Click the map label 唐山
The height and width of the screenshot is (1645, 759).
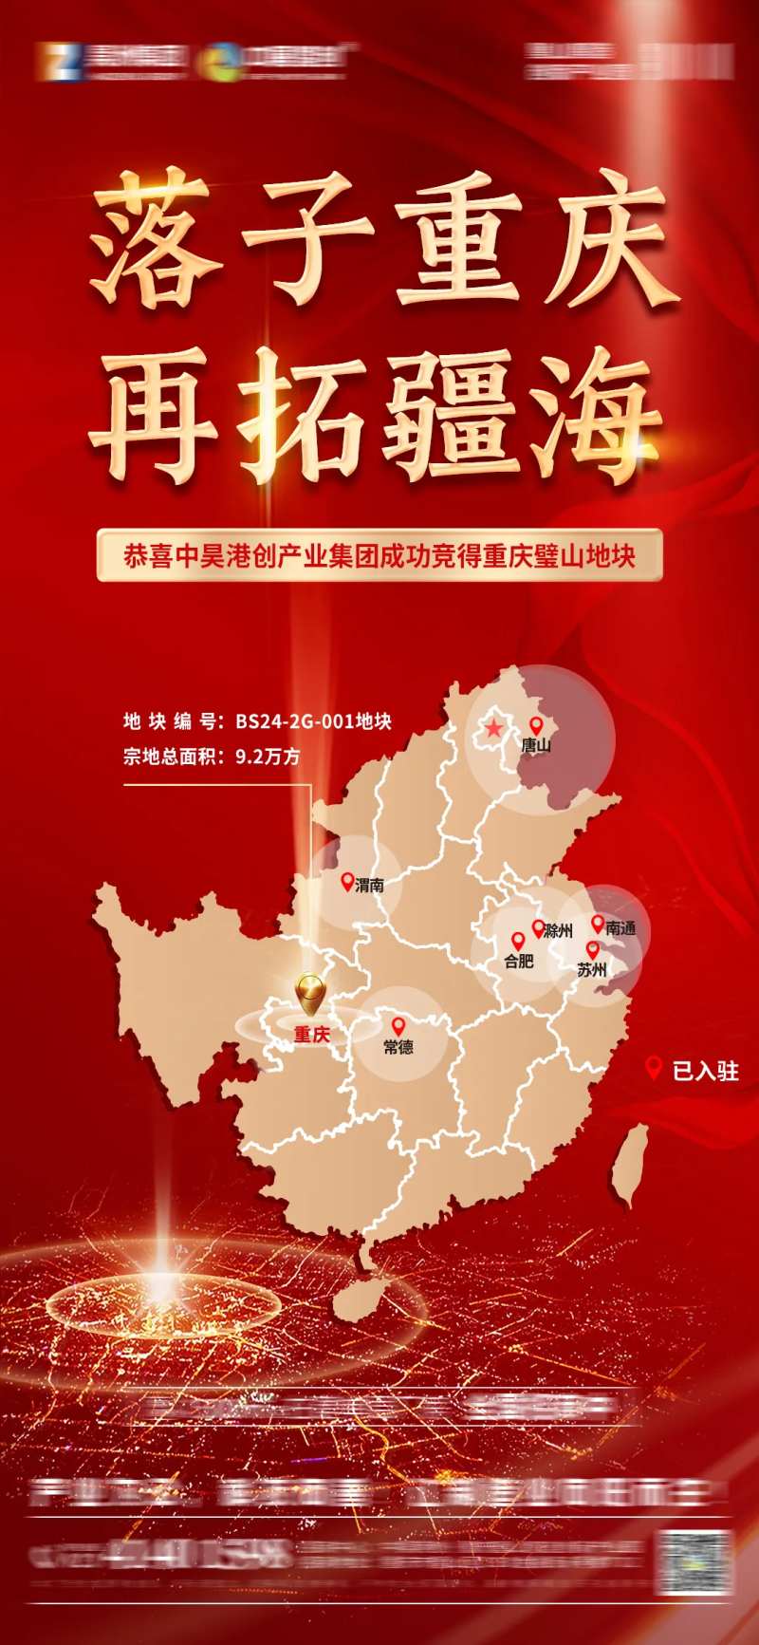pyautogui.click(x=536, y=745)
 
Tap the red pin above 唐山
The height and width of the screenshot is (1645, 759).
pyautogui.click(x=536, y=726)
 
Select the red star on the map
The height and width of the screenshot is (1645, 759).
pyautogui.click(x=494, y=729)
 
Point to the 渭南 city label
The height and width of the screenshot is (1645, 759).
pyautogui.click(x=370, y=885)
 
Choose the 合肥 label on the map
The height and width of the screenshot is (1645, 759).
pyautogui.click(x=519, y=962)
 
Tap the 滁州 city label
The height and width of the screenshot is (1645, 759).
pyautogui.click(x=559, y=931)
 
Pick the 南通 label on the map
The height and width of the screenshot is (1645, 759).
pyautogui.click(x=620, y=928)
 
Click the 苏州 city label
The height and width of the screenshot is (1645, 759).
pyautogui.click(x=592, y=969)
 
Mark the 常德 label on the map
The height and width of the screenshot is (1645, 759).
pyautogui.click(x=398, y=1047)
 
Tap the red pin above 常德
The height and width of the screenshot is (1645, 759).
pyautogui.click(x=398, y=1026)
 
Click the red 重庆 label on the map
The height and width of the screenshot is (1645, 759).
pyautogui.click(x=312, y=1035)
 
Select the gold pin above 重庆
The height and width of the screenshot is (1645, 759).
pyautogui.click(x=309, y=993)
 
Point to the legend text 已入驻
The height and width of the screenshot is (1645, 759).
pyautogui.click(x=705, y=1072)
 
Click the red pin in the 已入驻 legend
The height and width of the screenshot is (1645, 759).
pyautogui.click(x=653, y=1068)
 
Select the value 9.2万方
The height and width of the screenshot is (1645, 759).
pyautogui.click(x=268, y=757)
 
